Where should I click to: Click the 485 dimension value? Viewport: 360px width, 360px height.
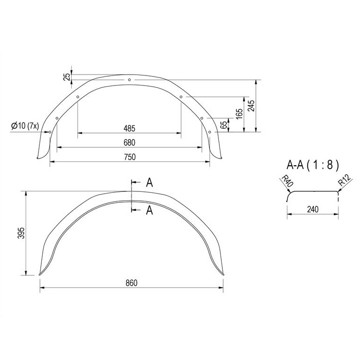[x=129, y=128]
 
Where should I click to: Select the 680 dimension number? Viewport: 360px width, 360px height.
[x=129, y=142]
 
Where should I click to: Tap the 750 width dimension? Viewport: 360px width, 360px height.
[x=130, y=157]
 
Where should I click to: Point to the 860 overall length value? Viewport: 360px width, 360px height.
[x=132, y=283]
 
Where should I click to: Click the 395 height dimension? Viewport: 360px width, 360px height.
[x=21, y=233]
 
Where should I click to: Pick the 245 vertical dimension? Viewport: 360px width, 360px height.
[x=252, y=105]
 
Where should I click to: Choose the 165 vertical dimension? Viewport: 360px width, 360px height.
[x=239, y=114]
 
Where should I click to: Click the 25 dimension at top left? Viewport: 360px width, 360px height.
[x=67, y=77]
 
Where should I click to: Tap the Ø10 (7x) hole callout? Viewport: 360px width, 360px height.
[x=25, y=126]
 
